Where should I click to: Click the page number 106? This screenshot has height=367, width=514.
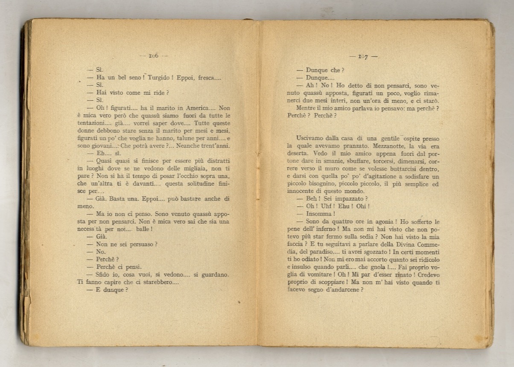(154, 55)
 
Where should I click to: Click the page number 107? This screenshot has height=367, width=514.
(363, 56)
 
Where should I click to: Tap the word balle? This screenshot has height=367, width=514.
(144, 229)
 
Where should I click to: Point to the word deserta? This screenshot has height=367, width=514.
(298, 153)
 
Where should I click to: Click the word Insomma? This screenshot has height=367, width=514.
(320, 214)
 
